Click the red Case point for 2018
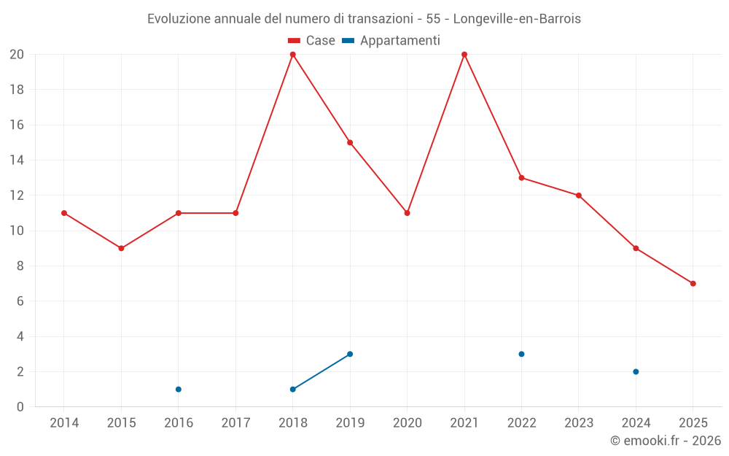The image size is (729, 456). (x=293, y=55)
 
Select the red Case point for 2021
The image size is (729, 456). (x=464, y=55)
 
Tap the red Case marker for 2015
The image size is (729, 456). (x=121, y=249)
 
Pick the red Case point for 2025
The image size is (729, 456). (x=693, y=284)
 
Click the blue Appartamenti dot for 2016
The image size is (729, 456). (x=179, y=390)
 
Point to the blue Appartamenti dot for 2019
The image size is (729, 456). (x=350, y=355)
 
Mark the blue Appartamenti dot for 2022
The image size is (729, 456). (x=521, y=355)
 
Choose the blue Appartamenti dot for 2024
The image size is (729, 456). (x=636, y=372)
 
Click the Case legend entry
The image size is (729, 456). (x=311, y=41)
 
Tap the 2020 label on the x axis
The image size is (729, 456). (x=407, y=423)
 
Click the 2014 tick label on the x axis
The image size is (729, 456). (x=64, y=423)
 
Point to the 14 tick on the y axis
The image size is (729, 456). (x=17, y=161)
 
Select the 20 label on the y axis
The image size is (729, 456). (x=17, y=55)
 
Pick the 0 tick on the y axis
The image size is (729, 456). (x=20, y=407)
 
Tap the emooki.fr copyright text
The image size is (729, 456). (x=666, y=441)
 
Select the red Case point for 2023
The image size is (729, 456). (x=579, y=196)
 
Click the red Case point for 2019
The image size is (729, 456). (x=350, y=143)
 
